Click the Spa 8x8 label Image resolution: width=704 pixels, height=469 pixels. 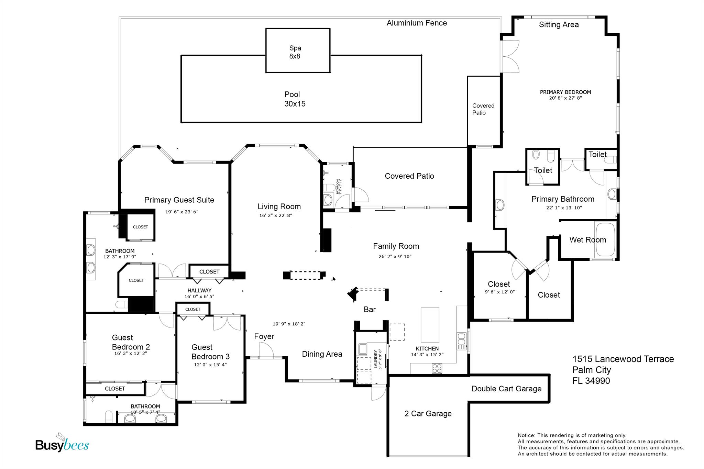pyautogui.click(x=295, y=52)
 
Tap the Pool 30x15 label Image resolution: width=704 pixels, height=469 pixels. pyautogui.click(x=295, y=99)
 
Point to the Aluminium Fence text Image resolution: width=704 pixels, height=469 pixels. pyautogui.click(x=417, y=23)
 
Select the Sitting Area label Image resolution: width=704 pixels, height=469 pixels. pyautogui.click(x=559, y=25)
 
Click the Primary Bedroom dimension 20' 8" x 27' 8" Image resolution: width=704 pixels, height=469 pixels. pyautogui.click(x=565, y=98)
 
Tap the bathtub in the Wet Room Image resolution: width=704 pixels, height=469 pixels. pyautogui.click(x=606, y=239)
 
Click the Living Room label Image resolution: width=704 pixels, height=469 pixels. pyautogui.click(x=279, y=206)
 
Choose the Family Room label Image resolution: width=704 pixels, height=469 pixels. pyautogui.click(x=396, y=246)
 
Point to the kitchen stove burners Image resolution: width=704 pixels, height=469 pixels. pyautogui.click(x=437, y=369)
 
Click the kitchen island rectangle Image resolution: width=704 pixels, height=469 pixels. pyautogui.click(x=430, y=324)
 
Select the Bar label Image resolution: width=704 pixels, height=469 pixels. pyautogui.click(x=370, y=310)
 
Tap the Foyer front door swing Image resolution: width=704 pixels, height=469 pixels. pyautogui.click(x=266, y=350)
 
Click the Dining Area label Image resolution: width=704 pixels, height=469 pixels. pyautogui.click(x=322, y=354)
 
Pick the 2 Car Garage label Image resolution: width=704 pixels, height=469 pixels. pyautogui.click(x=428, y=414)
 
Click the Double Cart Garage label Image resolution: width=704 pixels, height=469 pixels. pyautogui.click(x=506, y=389)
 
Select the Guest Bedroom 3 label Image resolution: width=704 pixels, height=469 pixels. pyautogui.click(x=210, y=352)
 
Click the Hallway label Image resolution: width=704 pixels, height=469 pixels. pyautogui.click(x=199, y=290)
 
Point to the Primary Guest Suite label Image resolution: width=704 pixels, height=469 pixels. pyautogui.click(x=179, y=200)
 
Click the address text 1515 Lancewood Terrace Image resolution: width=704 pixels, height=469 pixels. pyautogui.click(x=623, y=359)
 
